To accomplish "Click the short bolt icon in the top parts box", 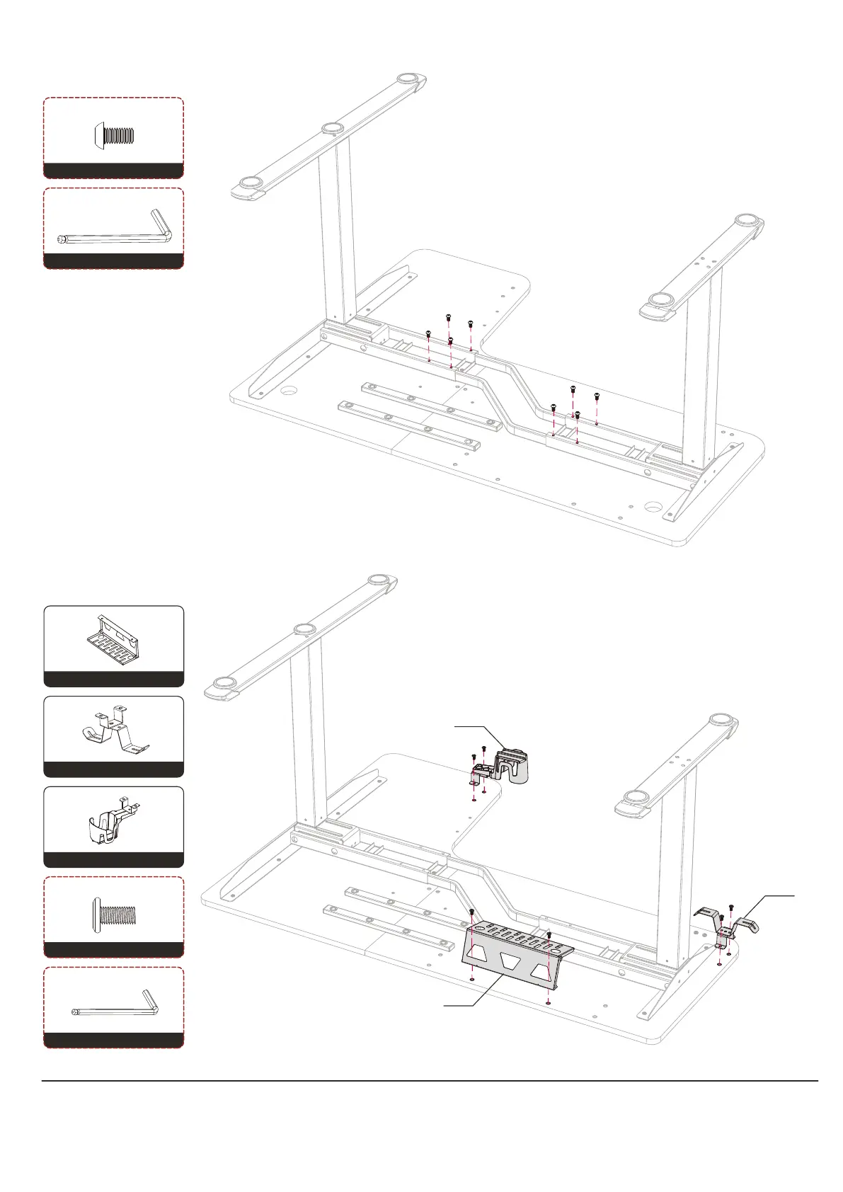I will click(114, 135).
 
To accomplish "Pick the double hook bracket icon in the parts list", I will click(113, 733).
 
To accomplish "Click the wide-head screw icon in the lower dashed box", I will click(113, 913).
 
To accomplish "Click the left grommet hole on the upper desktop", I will click(288, 390).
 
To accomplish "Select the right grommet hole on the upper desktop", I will click(654, 508).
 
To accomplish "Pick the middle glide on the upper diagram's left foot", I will click(332, 128).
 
